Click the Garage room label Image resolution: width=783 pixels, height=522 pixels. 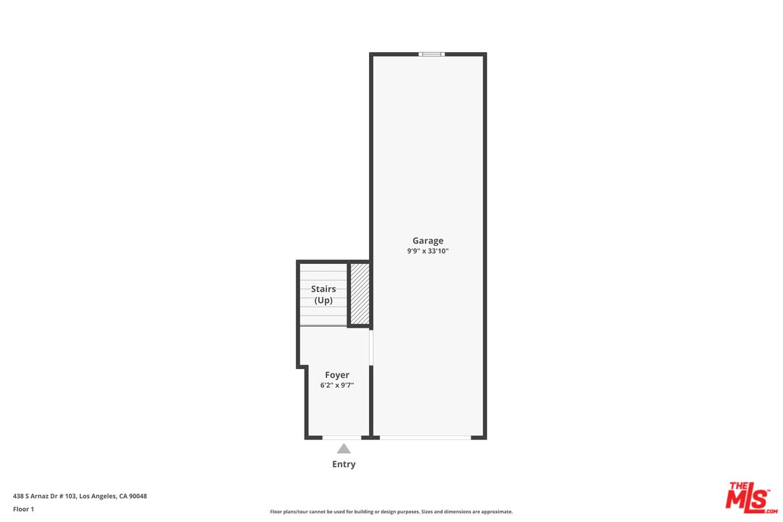coord(428,241)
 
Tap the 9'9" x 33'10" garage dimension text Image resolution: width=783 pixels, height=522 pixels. coord(428,252)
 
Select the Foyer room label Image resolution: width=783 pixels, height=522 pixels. coord(337,375)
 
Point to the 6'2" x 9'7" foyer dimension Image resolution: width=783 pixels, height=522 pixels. coord(337,386)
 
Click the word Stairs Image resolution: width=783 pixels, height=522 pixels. coord(323,289)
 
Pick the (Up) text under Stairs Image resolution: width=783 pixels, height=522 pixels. coord(323,300)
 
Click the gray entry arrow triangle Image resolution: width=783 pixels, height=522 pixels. coord(344,449)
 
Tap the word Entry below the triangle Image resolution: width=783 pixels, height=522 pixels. coord(344,464)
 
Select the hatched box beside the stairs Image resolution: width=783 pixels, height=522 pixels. coord(360,294)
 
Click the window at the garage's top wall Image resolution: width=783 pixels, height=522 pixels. coord(431,54)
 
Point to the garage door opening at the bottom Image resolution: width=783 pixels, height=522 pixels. coord(425,437)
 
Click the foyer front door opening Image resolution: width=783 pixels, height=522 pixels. coord(341,437)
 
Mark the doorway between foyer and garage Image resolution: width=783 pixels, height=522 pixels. coord(371,348)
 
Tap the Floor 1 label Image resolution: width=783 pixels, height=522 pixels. coord(23,509)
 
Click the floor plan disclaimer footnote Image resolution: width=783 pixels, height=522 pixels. coord(391,512)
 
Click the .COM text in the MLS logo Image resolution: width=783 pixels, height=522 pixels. coord(770,511)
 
